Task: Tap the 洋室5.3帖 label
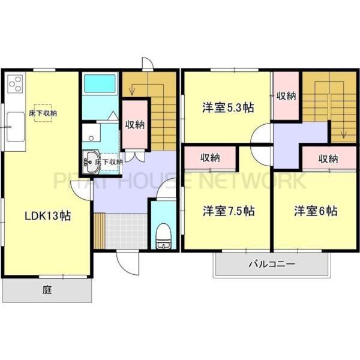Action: coord(227,108)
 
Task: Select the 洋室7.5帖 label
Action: coord(228,211)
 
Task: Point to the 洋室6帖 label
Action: coord(315,211)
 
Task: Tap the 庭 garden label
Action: coord(47,290)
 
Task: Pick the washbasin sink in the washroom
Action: coord(91,161)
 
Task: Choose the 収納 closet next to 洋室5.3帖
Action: coord(286,96)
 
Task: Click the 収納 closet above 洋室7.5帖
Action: coord(210,158)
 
